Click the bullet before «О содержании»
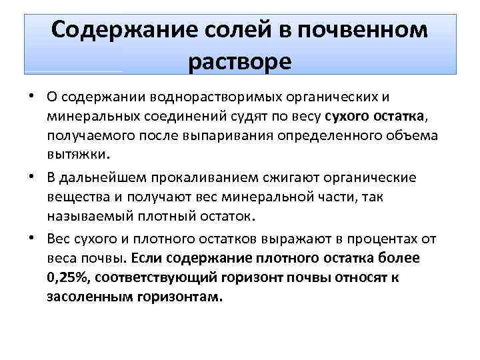[x=32, y=97]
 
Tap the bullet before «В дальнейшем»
[x=32, y=178]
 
